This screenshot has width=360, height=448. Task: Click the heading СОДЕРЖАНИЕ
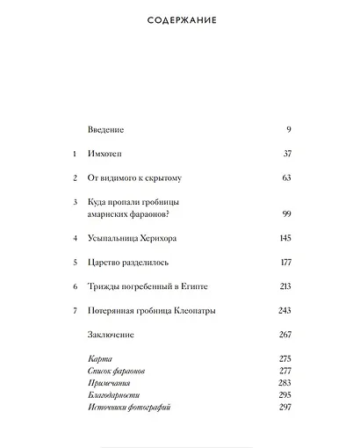180,19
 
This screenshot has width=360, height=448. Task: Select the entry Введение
107,130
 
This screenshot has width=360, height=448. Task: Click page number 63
285,178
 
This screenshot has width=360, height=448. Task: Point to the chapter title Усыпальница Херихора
133,238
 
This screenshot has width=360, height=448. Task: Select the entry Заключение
112,335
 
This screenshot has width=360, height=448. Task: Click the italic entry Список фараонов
117,372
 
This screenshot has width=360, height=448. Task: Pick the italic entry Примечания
110,384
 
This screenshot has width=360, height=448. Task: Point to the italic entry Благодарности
114,396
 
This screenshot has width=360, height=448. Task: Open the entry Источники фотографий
129,408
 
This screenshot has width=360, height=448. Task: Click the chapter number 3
75,202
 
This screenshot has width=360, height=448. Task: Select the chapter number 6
75,286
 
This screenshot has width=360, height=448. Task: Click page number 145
284,238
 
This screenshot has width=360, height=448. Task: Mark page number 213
284,286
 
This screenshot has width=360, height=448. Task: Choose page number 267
284,335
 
